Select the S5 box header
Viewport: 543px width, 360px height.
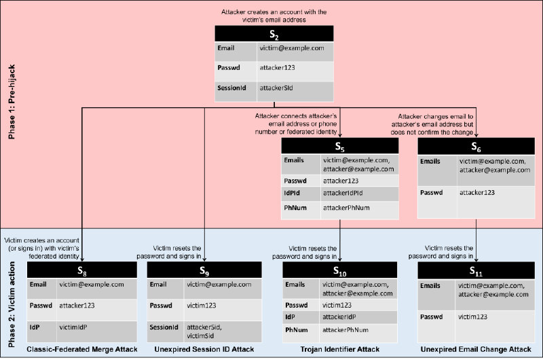(x=340, y=147)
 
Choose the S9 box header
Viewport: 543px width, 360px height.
(x=204, y=270)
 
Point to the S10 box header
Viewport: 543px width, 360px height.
(x=340, y=270)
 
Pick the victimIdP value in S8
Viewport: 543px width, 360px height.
(x=74, y=327)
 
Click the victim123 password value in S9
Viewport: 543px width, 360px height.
(x=203, y=306)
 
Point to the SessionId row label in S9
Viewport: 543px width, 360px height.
(x=164, y=327)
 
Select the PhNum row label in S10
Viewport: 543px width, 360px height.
(x=297, y=330)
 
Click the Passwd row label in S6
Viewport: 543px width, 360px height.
(x=432, y=194)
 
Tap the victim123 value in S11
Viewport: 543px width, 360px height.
(x=474, y=317)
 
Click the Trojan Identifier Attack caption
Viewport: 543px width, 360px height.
(x=340, y=349)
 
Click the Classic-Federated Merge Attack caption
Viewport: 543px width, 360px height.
(x=83, y=349)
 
